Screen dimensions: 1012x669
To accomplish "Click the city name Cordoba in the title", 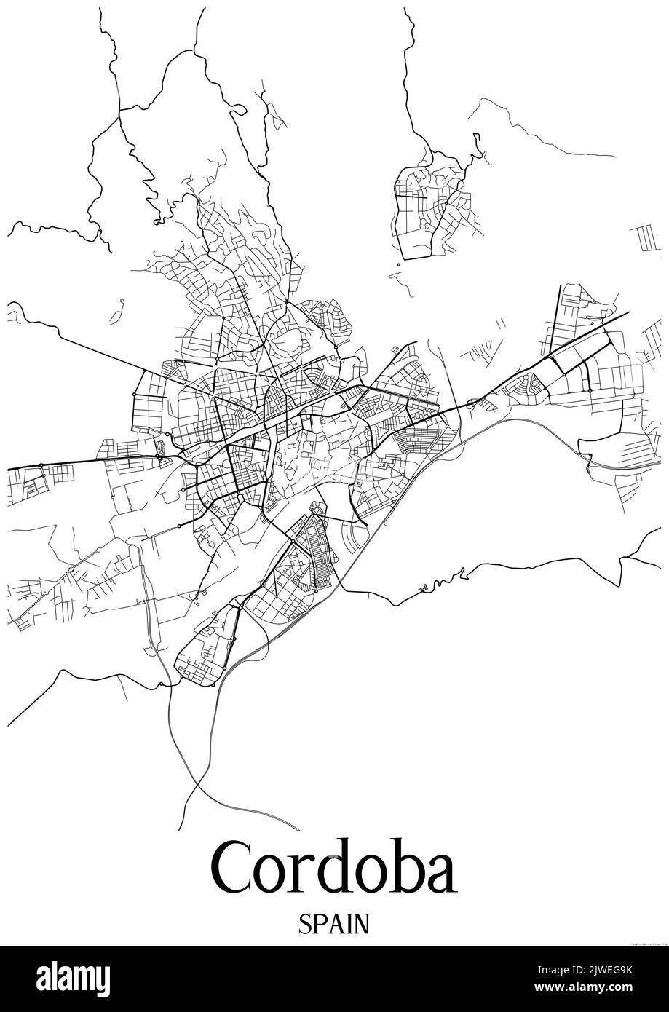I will coord(334,869).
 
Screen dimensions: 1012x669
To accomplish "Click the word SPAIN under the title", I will coord(333,925).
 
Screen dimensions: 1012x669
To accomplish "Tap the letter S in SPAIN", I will coord(304,925).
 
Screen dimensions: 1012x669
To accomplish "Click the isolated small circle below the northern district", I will coord(398,265).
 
